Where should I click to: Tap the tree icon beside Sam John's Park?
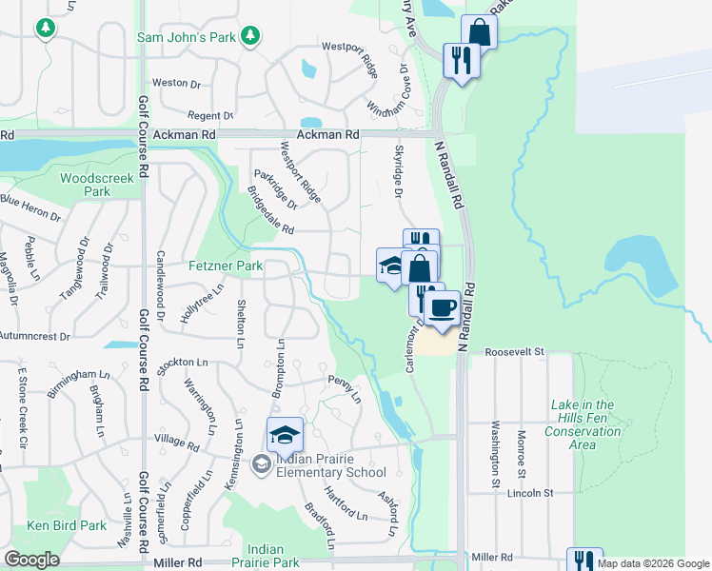[249, 36]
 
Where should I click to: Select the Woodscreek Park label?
[86, 185]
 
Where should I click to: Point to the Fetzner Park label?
[225, 266]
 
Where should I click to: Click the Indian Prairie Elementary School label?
[330, 466]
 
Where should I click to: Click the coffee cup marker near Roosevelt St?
[441, 308]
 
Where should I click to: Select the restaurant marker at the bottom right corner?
[584, 562]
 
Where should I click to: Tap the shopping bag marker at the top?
[479, 32]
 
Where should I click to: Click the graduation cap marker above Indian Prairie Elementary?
[285, 435]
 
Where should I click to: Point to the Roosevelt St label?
[513, 351]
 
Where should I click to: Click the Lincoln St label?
[530, 493]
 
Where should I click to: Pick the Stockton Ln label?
[182, 363]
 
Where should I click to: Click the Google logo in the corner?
[32, 560]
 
